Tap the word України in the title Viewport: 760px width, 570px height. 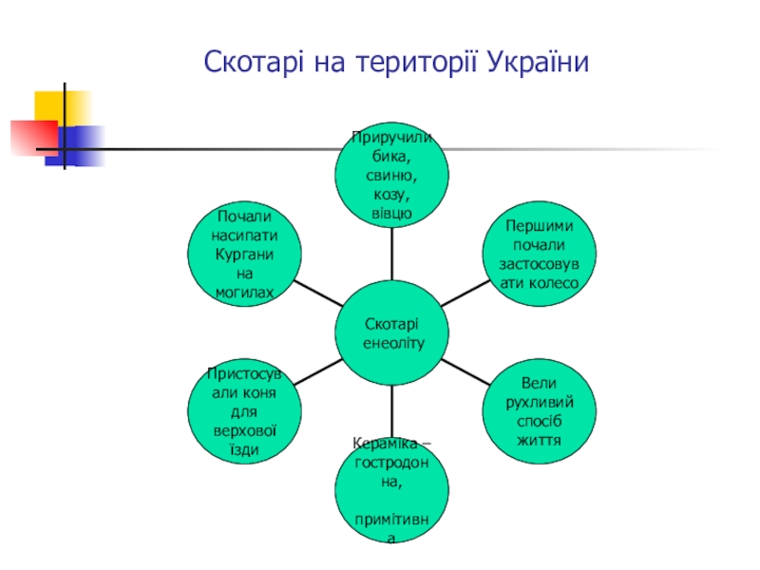(x=539, y=65)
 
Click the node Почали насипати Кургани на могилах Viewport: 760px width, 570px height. (x=245, y=255)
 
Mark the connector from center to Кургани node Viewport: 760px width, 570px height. (x=318, y=294)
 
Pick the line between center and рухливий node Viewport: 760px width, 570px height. (x=465, y=372)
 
